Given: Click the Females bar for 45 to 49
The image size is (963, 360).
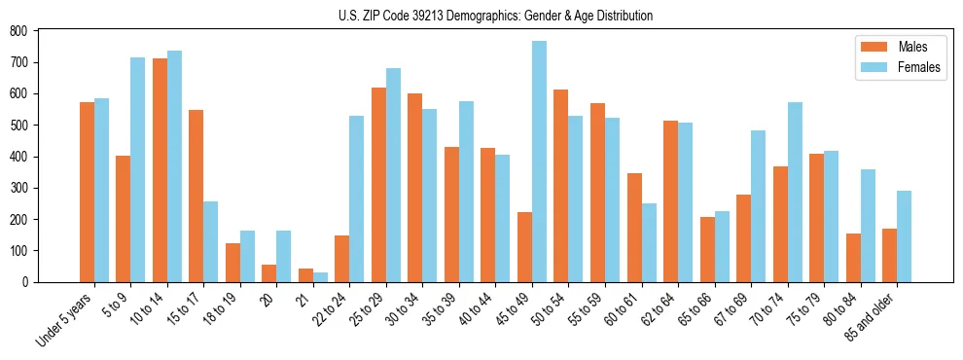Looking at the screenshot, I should click(539, 162).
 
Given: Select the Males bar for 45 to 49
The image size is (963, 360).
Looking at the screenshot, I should click(524, 247).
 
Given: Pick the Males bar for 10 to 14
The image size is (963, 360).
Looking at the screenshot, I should click(160, 170).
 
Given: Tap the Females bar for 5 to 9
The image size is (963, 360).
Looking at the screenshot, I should click(138, 169).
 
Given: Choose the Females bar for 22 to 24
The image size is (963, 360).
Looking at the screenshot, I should click(357, 198).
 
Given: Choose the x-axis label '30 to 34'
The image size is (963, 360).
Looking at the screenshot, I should click(402, 307).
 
